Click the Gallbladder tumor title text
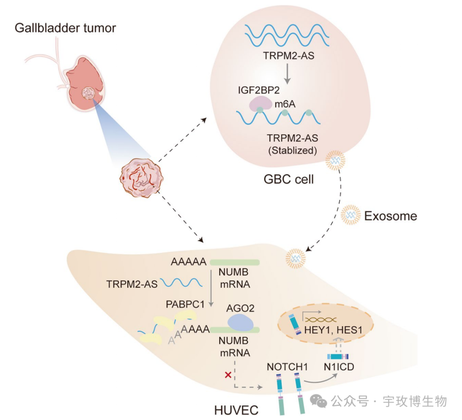coord(65,28)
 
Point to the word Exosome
coord(390,216)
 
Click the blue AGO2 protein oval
coord(240,322)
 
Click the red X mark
coord(228,375)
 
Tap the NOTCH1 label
coord(286,367)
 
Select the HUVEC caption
coord(236,410)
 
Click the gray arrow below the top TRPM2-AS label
coord(287,75)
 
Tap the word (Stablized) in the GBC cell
coord(292,150)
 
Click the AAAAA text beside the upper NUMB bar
coord(189,261)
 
